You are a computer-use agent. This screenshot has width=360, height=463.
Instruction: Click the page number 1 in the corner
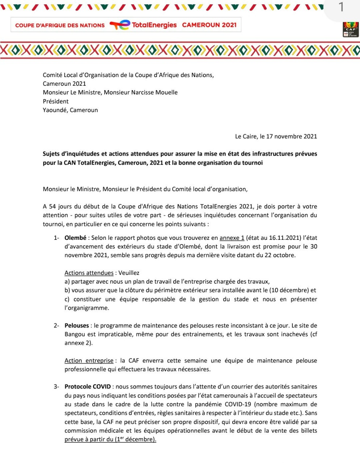tap(340, 7)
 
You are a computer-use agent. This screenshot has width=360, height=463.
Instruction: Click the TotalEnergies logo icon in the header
tap(120, 25)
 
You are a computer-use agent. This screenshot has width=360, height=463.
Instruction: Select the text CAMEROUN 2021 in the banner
tap(209, 25)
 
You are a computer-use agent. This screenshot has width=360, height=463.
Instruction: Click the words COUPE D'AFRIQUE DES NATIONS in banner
tap(60, 25)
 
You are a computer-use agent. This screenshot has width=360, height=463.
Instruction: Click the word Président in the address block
tap(55, 101)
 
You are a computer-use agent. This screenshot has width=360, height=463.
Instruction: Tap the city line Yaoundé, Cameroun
tap(70, 110)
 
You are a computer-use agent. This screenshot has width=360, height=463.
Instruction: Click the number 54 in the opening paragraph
tap(52, 207)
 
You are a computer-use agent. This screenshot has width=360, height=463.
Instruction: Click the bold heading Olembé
tap(75, 238)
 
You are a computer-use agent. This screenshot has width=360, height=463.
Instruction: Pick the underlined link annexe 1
tap(232, 238)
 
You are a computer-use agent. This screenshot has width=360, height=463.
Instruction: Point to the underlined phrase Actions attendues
tap(89, 273)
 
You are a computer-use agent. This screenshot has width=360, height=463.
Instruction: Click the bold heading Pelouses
tap(77, 326)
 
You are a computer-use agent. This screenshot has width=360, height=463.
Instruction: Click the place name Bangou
tap(75, 335)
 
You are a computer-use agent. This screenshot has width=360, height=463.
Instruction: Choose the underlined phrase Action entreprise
tap(89, 361)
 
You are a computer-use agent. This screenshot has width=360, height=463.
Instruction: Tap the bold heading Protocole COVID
tap(88, 387)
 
